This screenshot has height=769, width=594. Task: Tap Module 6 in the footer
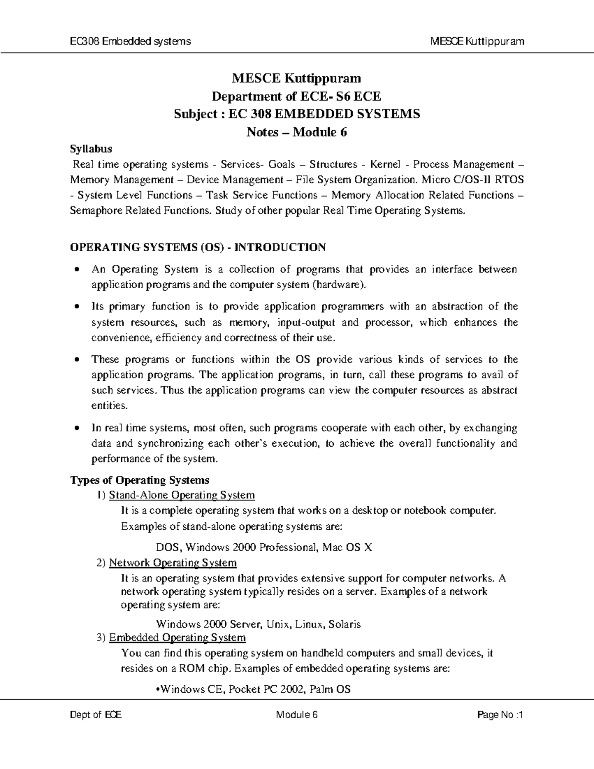click(x=297, y=715)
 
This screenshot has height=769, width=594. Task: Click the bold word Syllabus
click(x=91, y=149)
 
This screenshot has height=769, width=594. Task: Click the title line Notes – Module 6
click(x=297, y=132)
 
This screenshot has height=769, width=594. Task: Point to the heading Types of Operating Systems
click(x=140, y=480)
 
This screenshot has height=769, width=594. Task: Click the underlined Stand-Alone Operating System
click(x=182, y=495)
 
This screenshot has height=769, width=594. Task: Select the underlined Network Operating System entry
click(x=173, y=563)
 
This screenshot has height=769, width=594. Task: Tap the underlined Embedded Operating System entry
click(x=177, y=637)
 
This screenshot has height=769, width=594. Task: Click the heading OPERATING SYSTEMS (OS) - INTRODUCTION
click(x=198, y=247)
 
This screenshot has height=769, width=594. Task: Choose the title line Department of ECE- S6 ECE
click(x=297, y=96)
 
